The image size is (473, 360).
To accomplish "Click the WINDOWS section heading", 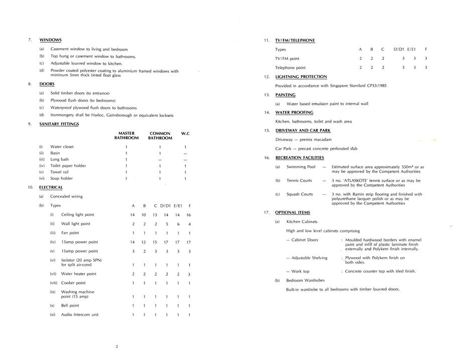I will tap(50, 40).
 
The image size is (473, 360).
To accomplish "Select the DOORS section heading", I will tap(47, 84).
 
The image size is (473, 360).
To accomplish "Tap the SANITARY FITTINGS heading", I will tap(59, 124).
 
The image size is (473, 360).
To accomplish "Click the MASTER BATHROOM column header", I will tap(126, 136).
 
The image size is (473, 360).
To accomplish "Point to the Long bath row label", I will tap(62, 159).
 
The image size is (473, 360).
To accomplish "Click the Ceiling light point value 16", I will tap(189, 215).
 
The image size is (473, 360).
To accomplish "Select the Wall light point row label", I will tap(76, 224).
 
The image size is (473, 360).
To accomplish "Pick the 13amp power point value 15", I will tap(155, 242).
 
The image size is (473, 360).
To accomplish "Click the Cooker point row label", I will tap(73, 283).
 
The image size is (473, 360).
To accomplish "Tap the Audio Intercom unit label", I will tap(80, 315).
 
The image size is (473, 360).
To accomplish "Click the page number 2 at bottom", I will tap(117, 346).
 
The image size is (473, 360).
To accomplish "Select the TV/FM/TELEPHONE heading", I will tap(295, 40).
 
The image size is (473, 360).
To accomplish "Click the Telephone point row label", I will tap(290, 67).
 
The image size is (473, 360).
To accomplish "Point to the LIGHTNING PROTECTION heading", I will tap(301, 77).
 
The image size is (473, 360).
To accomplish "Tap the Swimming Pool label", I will tap(301, 167).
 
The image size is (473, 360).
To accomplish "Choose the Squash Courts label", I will tap(299, 194).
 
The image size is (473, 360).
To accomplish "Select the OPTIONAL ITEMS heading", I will tap(292, 212).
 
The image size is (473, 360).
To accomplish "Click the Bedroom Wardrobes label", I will tap(305, 280).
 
